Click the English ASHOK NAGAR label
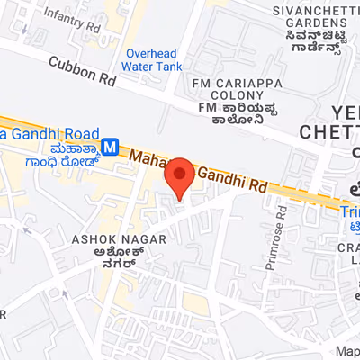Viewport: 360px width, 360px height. click(103, 240)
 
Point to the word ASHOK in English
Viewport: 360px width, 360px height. click(87, 240)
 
